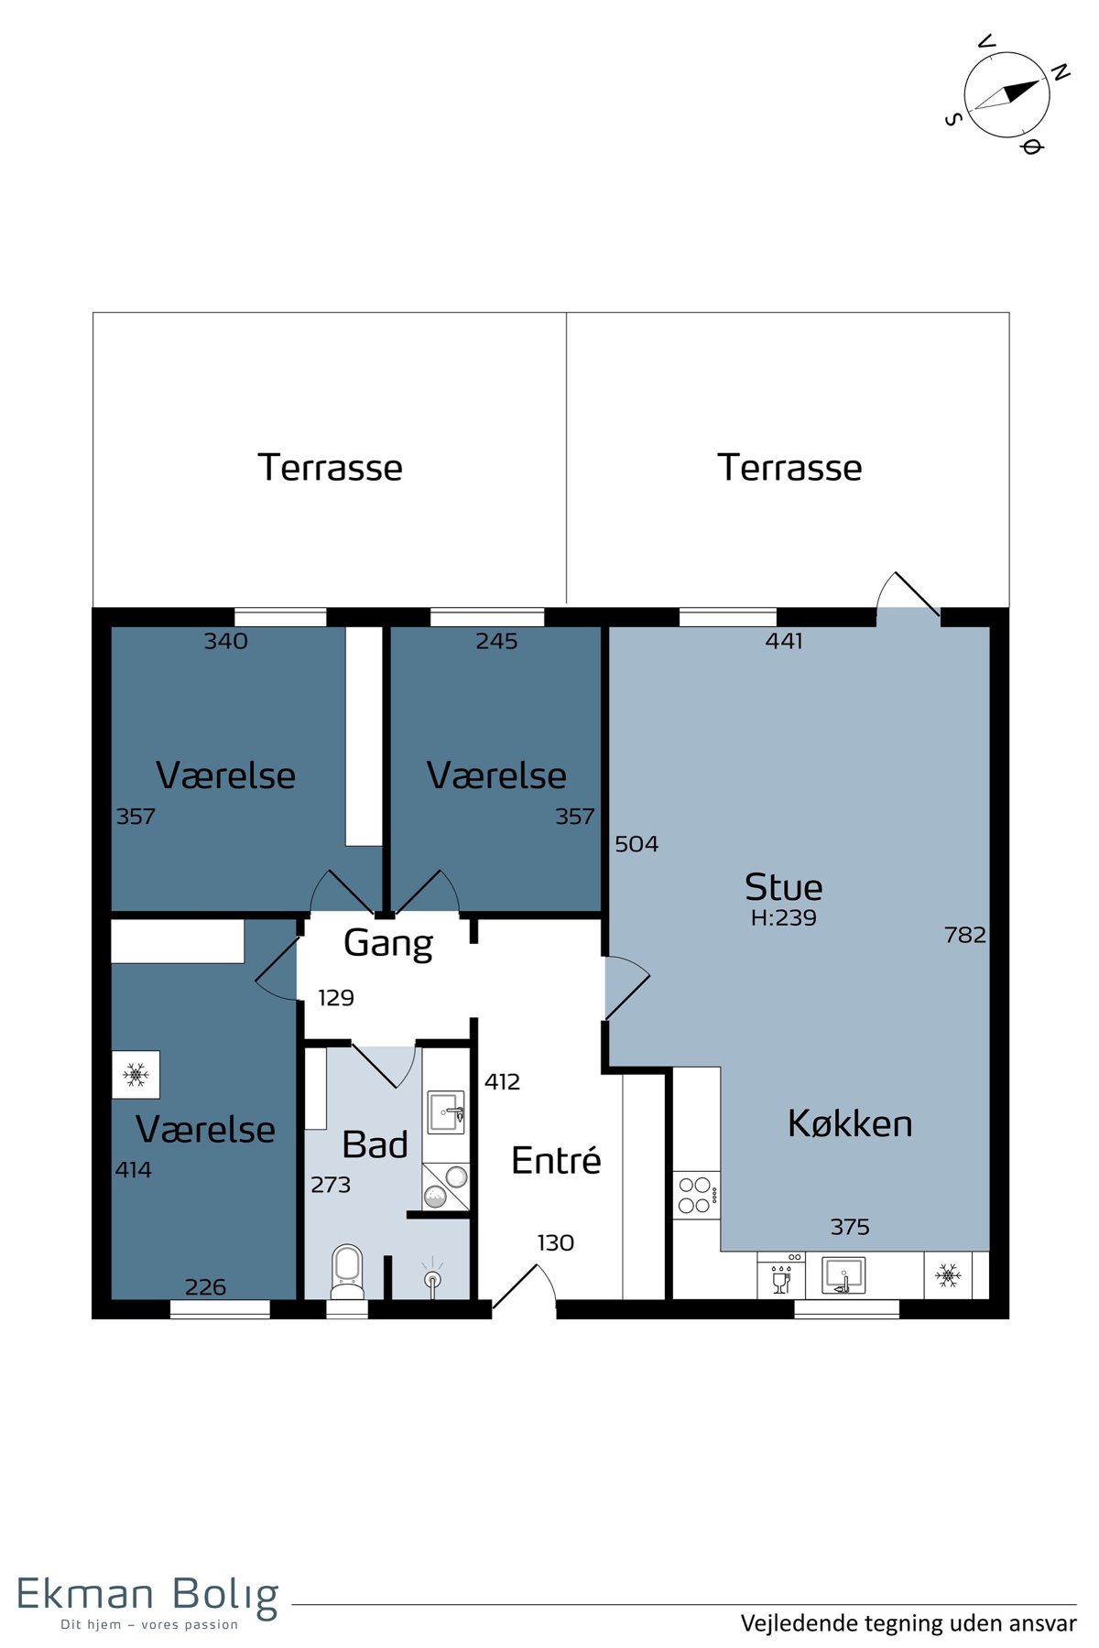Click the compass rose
click(x=1007, y=94)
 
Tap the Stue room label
click(x=783, y=887)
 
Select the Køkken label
click(x=850, y=1123)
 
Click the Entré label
click(x=556, y=1160)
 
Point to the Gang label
click(x=388, y=944)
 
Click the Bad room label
click(x=375, y=1144)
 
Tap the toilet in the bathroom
click(x=347, y=1272)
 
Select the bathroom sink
click(x=446, y=1112)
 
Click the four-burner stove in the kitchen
click(x=696, y=1195)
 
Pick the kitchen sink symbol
click(x=843, y=1274)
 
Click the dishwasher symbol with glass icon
click(x=781, y=1274)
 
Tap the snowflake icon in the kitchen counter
click(x=948, y=1274)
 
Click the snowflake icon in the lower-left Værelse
click(x=136, y=1074)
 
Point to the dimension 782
click(x=964, y=935)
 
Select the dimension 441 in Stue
click(x=784, y=641)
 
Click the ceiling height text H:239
click(x=783, y=917)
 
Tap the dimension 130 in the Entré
click(x=555, y=1242)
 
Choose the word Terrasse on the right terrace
click(x=789, y=467)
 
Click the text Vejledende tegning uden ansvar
click(x=909, y=1623)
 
